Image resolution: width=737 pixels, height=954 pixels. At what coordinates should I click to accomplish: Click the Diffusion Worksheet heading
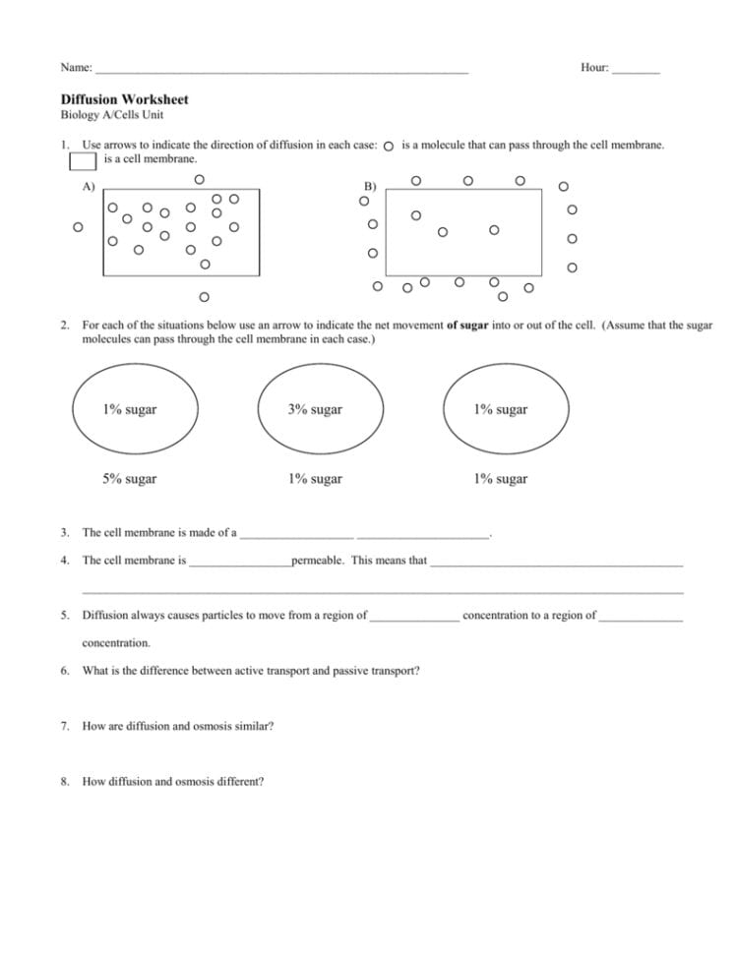pos(124,99)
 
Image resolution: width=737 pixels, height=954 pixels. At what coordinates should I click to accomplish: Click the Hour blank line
pos(636,71)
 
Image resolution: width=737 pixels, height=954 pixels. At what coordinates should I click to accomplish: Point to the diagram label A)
pos(89,186)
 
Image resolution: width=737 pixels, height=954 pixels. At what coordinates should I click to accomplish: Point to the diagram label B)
pos(370,186)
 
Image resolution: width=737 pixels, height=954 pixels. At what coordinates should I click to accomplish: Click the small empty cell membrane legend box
pos(83,159)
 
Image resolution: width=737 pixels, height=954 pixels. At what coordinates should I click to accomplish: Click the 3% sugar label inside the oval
pos(315,410)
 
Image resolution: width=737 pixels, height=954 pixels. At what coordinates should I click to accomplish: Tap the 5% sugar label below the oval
pos(129,480)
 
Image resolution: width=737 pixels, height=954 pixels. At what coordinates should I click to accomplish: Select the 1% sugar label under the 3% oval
pos(315,480)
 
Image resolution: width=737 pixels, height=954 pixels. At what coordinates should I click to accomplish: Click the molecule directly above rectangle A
pos(199,179)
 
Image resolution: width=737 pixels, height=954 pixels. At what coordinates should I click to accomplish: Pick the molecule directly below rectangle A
pos(204,296)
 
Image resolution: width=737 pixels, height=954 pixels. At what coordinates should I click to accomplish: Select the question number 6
pos(65,671)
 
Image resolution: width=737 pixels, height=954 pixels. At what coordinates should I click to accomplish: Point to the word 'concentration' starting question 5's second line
pos(116,643)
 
